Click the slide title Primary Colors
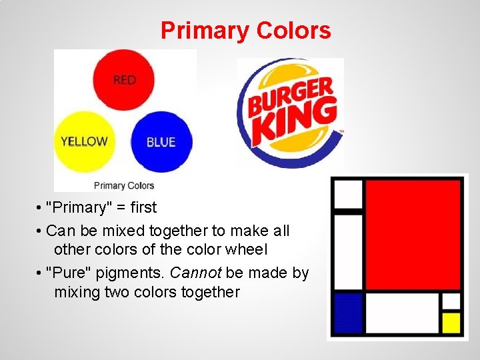(x=245, y=31)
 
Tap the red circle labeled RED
(x=124, y=80)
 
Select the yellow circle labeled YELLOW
(x=84, y=141)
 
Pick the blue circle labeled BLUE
(x=161, y=141)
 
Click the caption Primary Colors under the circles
(x=124, y=185)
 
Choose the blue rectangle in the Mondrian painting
(x=348, y=313)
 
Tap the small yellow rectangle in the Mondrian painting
(x=451, y=323)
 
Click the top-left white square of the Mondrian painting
(x=347, y=194)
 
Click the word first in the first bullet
(x=143, y=207)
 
